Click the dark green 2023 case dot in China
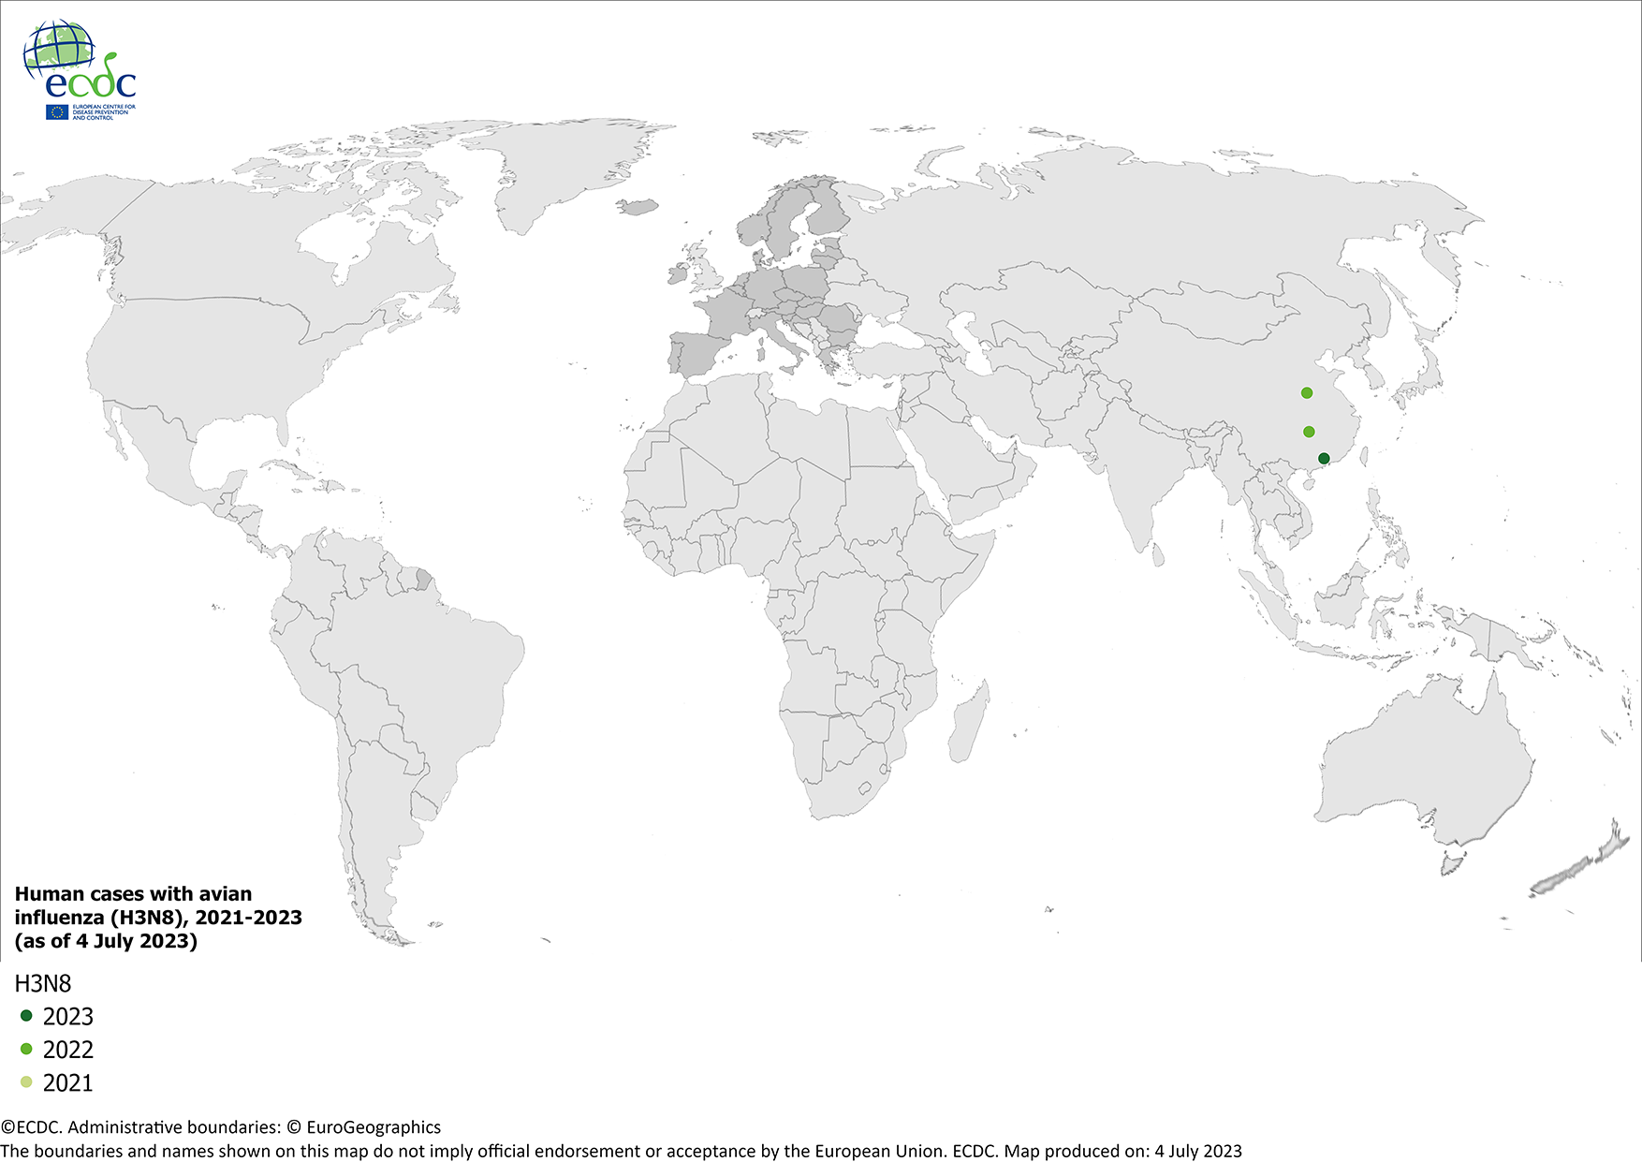[x=1324, y=459]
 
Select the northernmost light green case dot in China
[x=1307, y=393]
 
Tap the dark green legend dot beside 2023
[x=26, y=1016]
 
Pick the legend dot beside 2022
[x=26, y=1049]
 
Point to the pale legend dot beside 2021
[x=26, y=1082]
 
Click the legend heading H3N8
[x=43, y=983]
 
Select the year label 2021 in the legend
[x=68, y=1083]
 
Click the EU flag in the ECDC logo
[x=57, y=112]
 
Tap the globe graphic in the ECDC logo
[x=59, y=49]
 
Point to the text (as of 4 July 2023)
[x=106, y=941]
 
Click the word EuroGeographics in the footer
[x=374, y=1127]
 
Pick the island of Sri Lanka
[x=1157, y=555]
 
